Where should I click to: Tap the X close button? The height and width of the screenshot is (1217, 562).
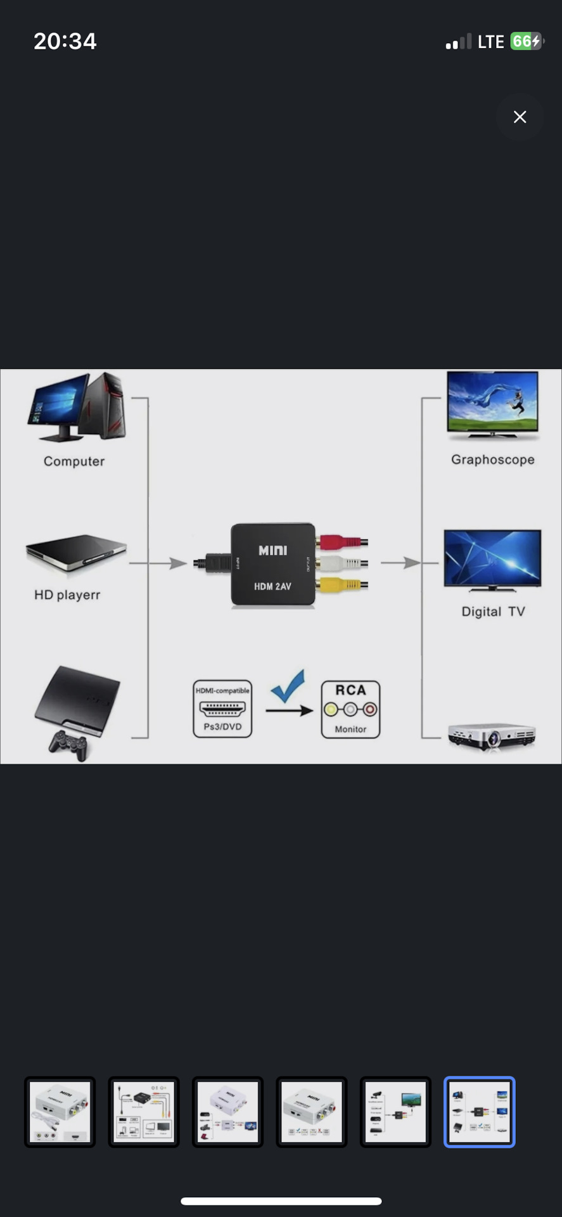520,117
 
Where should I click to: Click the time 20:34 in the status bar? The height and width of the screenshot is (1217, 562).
65,42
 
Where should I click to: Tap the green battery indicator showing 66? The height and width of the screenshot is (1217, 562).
526,42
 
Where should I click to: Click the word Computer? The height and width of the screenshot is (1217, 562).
74,461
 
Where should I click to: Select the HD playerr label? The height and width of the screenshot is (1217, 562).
67,595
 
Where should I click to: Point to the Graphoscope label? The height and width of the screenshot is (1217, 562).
492,460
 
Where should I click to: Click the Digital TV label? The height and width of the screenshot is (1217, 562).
493,612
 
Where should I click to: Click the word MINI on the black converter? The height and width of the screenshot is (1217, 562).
272,550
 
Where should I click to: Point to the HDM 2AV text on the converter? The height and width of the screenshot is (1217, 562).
272,586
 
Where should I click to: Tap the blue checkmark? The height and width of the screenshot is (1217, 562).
288,687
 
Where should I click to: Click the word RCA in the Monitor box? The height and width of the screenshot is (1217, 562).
350,690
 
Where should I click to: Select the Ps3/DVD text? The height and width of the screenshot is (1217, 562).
222,726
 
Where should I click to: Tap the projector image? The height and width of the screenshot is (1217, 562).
492,737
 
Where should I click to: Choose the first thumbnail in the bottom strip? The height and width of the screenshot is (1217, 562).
60,1112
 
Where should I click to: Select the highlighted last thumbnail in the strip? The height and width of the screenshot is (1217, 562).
479,1112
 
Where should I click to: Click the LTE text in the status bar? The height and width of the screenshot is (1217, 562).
490,42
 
